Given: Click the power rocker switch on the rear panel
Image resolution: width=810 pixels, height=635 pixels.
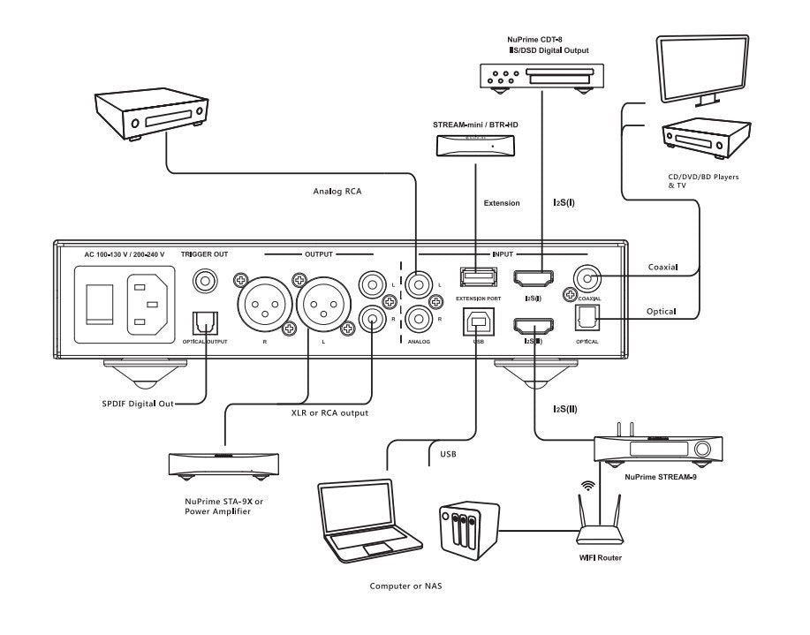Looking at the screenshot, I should [98, 304].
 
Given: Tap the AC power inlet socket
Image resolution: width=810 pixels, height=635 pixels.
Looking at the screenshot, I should [148, 304].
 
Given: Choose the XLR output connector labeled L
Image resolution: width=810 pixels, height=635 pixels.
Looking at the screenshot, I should [322, 304].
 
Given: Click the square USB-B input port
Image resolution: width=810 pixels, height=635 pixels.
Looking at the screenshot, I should [477, 323].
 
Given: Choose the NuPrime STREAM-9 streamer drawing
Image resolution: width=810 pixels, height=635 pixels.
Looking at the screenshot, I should [653, 450].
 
